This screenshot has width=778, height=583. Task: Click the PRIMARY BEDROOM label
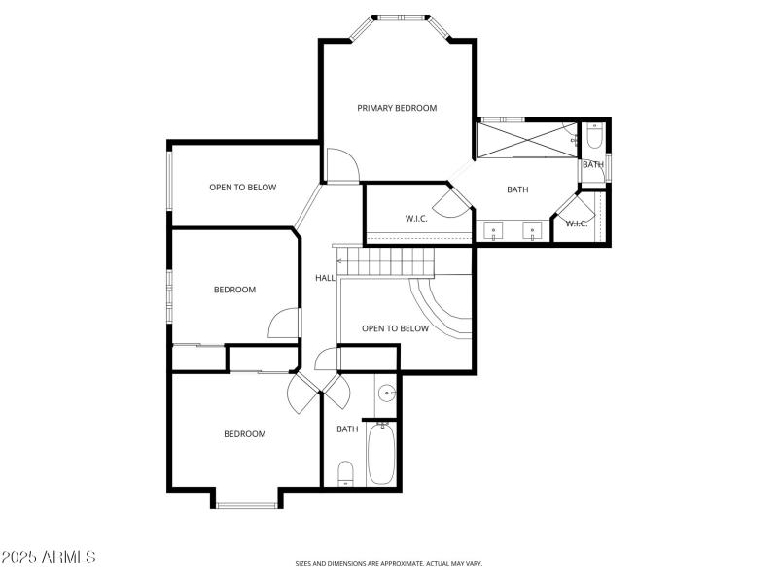[397, 108]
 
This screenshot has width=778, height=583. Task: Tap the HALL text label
[325, 278]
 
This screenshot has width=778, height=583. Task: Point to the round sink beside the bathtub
[386, 394]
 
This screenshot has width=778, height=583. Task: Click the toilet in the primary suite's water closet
[594, 136]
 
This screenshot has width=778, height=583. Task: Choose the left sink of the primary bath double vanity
[495, 232]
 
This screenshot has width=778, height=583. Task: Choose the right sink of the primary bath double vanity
[532, 232]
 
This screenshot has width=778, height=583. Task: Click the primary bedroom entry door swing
[341, 165]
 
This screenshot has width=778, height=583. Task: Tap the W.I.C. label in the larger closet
[416, 218]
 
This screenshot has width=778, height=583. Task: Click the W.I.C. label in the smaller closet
[576, 223]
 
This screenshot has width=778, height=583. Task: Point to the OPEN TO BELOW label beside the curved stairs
[395, 328]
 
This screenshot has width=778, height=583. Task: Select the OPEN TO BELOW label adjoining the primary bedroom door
[243, 188]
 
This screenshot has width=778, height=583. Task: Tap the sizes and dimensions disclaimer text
[389, 563]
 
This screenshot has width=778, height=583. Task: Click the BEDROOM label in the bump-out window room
[245, 434]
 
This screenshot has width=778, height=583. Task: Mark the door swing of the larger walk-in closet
[450, 202]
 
